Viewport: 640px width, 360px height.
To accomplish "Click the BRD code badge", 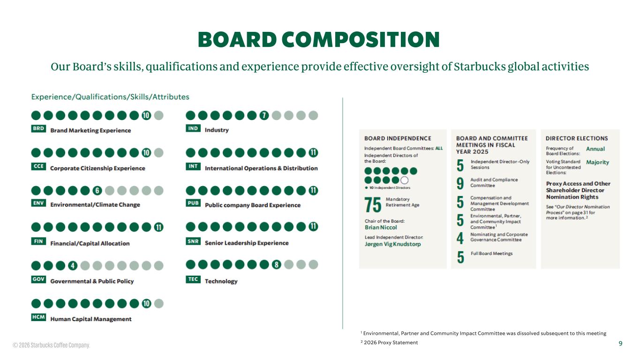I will click(38, 129).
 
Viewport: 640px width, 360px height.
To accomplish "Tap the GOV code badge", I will click(38, 279).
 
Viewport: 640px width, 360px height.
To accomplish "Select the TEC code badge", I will click(193, 279).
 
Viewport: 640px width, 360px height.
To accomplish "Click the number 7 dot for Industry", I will click(264, 115).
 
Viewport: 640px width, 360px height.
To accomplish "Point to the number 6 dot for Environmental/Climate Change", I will click(97, 190).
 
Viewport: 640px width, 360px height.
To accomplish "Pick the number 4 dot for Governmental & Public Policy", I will click(72, 266).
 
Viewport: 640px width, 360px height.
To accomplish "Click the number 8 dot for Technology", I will click(277, 264).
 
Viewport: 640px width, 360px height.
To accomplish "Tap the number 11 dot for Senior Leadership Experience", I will click(313, 227).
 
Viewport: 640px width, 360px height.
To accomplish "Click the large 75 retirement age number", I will click(373, 204).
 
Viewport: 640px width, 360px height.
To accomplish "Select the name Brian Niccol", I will click(381, 227).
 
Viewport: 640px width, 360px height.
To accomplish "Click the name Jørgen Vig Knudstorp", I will click(392, 244).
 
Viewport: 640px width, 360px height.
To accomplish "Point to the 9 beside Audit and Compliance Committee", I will click(460, 183).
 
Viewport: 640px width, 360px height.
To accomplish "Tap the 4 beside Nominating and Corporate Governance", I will click(460, 238).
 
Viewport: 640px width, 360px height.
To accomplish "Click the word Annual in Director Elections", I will click(595, 149).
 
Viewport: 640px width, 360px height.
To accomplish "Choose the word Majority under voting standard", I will click(597, 162).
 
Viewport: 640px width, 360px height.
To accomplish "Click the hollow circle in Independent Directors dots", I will click(405, 180).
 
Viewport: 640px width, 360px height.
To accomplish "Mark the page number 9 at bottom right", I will click(620, 344).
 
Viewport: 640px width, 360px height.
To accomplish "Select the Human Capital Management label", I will click(91, 319).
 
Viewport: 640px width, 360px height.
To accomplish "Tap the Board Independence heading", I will click(398, 138).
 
